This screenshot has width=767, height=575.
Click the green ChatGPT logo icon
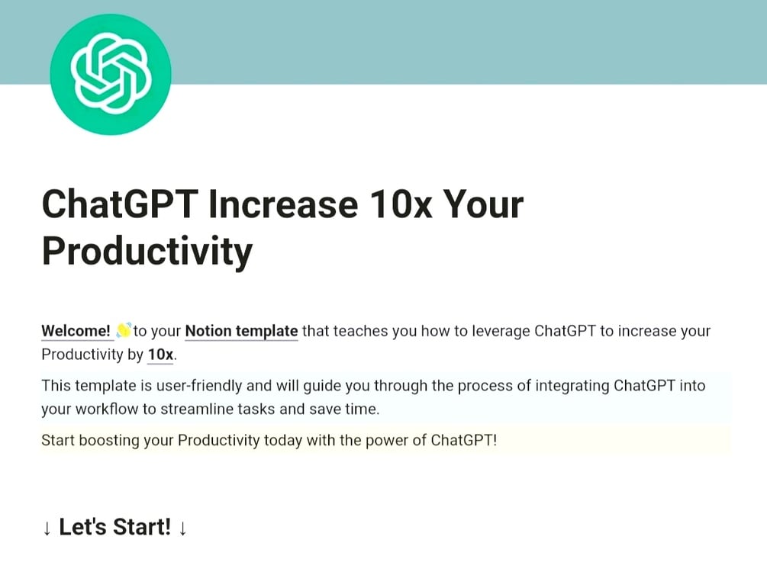tap(111, 74)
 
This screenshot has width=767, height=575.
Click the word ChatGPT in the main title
tap(120, 204)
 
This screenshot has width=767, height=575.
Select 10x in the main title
tap(401, 204)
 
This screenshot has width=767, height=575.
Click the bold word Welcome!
tap(76, 331)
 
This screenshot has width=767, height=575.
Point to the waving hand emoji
tap(124, 330)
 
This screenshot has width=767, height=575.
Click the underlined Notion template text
tap(242, 331)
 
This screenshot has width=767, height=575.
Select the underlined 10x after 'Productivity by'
tap(160, 355)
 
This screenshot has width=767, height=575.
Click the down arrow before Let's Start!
tap(47, 528)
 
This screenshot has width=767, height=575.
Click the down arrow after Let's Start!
tap(182, 528)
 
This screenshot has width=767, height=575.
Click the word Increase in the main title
tap(283, 204)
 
